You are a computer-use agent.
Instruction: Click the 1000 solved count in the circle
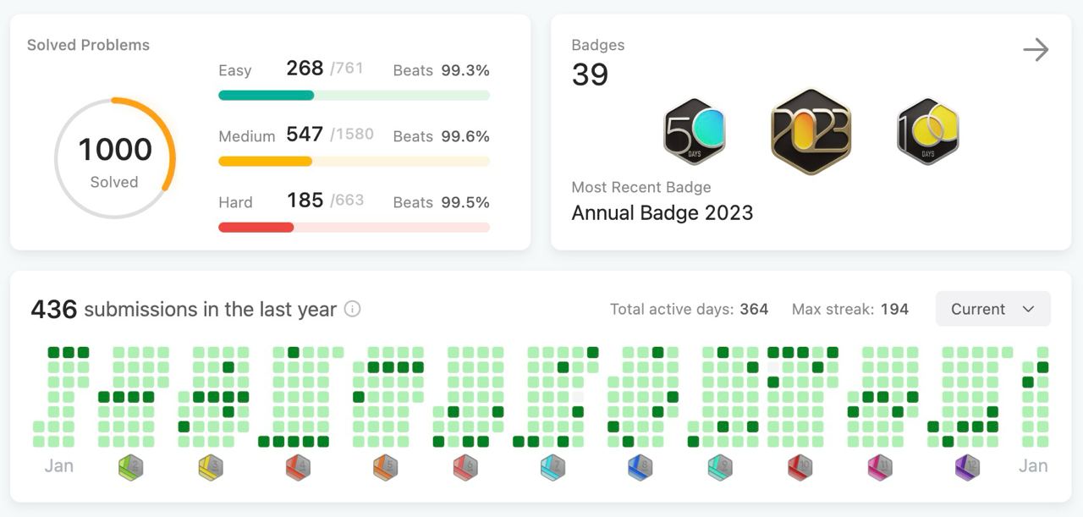tap(115, 149)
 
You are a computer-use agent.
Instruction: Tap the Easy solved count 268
tap(305, 69)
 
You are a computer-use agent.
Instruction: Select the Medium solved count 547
tap(305, 134)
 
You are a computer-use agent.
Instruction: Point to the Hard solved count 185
tap(305, 200)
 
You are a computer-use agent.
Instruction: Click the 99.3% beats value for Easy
tap(465, 70)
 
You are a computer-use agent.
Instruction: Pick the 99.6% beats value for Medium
tap(465, 136)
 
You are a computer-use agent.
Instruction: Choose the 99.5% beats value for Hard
tap(465, 202)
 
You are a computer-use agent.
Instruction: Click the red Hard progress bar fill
tap(256, 228)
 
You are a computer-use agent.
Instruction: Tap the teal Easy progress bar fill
tap(267, 96)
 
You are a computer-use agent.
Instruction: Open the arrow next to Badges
tap(1036, 49)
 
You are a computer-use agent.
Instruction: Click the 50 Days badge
tap(695, 131)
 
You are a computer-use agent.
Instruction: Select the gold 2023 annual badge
tap(811, 131)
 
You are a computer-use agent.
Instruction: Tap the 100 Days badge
tap(928, 131)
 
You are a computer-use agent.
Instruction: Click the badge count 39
tap(590, 75)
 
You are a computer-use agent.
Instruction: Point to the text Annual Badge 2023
tap(662, 212)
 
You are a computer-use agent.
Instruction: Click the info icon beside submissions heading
tap(353, 309)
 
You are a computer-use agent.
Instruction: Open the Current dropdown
tap(993, 309)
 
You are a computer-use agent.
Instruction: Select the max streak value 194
tap(894, 309)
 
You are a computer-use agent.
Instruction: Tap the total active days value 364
tap(754, 309)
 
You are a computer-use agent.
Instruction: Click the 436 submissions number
tap(54, 309)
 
